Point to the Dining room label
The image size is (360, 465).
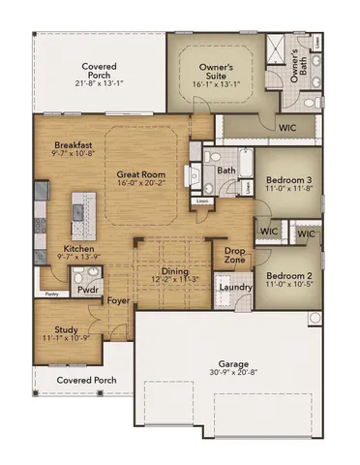point(176,272)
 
